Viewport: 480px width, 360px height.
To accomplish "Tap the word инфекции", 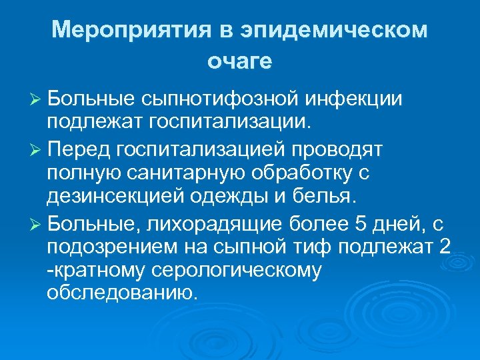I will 355,99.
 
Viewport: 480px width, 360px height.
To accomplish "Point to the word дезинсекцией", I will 113,196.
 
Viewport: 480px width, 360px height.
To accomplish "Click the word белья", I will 331,196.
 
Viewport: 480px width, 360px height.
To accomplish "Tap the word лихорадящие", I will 219,221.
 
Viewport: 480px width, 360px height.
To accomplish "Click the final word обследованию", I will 122,294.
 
